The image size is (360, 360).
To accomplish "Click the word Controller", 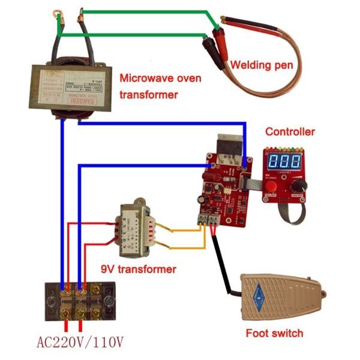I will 290,132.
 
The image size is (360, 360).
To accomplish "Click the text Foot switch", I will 274,333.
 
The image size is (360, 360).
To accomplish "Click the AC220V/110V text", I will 80,343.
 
